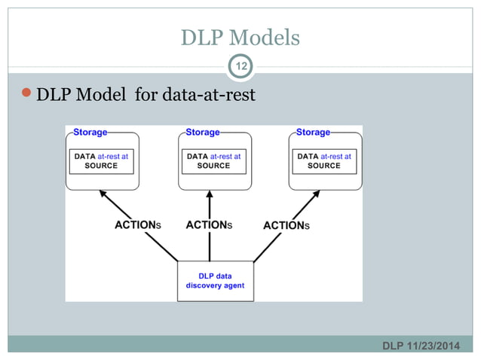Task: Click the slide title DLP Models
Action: pos(240,37)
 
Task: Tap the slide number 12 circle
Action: pos(240,68)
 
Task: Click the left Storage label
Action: pos(90,133)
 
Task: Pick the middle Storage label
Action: pos(202,133)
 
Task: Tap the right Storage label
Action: pos(313,133)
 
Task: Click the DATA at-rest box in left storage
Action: pos(101,161)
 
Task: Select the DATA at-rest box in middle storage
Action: pos(213,161)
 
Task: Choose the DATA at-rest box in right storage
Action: pos(324,161)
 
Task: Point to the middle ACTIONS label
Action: pos(209,224)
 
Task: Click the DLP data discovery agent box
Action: pos(215,281)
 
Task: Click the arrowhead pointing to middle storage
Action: pos(210,194)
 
